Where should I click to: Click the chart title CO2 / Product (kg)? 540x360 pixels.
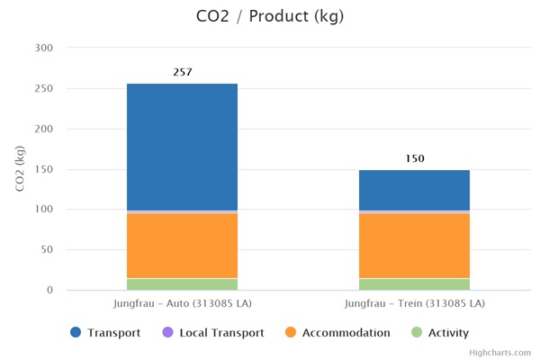[269, 16]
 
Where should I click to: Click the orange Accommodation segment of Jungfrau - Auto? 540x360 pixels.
[182, 245]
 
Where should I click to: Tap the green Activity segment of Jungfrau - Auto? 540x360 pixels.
[182, 284]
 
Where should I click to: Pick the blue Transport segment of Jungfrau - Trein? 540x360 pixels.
[414, 190]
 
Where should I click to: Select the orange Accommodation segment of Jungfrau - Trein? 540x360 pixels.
[414, 245]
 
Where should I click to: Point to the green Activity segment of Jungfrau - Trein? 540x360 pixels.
[414, 284]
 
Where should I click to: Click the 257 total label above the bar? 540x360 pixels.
[183, 72]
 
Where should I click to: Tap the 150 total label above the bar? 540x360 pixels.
[414, 158]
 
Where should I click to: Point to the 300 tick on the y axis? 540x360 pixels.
[43, 48]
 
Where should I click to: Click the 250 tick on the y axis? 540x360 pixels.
[43, 88]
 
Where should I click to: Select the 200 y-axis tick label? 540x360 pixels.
[43, 129]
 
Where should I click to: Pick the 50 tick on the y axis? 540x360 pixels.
[47, 250]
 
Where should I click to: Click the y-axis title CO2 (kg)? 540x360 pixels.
[19, 168]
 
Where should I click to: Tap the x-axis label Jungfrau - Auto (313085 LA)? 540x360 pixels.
[182, 302]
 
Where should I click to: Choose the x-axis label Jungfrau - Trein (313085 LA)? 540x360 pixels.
[414, 302]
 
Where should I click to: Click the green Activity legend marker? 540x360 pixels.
[416, 333]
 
